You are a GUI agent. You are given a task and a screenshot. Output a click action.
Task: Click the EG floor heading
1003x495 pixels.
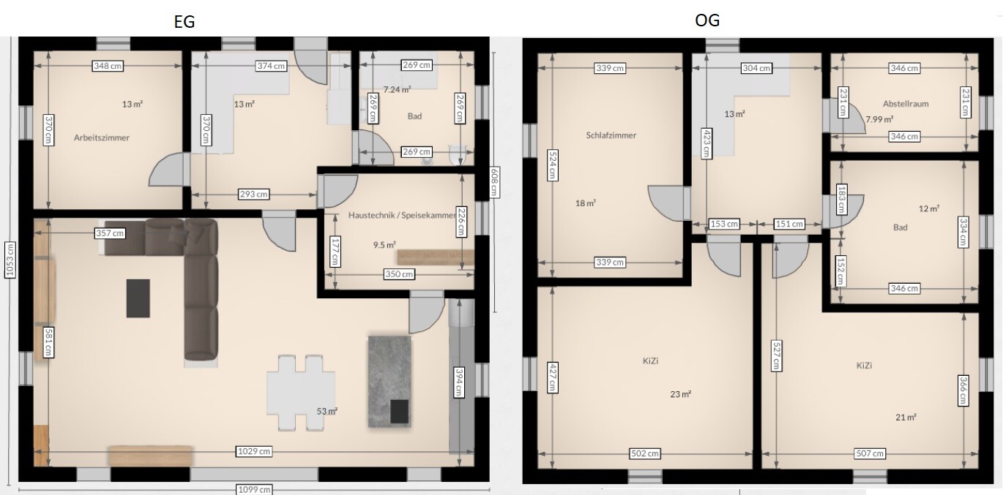pos(184,21)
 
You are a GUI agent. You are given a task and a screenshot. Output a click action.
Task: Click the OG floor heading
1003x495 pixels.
pos(707,20)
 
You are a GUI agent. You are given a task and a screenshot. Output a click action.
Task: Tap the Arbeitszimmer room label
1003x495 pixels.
pos(102,137)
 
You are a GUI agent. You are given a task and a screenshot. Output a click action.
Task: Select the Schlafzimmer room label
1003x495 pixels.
pos(611,135)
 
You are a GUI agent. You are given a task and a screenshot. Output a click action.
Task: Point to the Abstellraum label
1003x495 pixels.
pos(906,104)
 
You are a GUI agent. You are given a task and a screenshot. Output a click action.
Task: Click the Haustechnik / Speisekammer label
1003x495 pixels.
pos(402,215)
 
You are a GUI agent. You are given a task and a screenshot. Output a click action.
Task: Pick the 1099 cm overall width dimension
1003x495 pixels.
pos(254,490)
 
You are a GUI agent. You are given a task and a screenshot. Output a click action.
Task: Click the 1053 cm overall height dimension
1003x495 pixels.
pos(10,260)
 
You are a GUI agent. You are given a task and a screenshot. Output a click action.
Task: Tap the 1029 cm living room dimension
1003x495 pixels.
pos(254,451)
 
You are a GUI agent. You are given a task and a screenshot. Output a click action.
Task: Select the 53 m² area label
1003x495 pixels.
pos(327,411)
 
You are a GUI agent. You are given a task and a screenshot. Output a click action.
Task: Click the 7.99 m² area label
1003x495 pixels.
pos(879,119)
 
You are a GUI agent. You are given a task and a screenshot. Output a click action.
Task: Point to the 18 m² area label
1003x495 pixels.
pos(585,203)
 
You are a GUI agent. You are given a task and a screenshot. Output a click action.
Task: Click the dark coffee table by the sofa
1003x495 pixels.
pos(138,298)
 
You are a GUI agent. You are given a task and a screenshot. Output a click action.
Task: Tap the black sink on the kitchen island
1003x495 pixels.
pos(400,412)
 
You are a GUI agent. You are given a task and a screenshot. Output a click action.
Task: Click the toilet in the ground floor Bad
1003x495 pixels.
pos(457,154)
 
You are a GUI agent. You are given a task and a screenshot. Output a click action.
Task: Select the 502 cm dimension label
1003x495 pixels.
pos(644,453)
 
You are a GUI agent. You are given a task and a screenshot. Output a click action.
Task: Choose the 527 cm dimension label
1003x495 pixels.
pos(777,356)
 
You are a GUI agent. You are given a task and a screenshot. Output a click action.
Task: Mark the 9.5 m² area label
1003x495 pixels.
pos(384,245)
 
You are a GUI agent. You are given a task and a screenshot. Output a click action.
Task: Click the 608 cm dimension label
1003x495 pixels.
pos(494,182)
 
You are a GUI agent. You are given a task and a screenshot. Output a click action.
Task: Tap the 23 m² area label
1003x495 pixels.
pos(680,394)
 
